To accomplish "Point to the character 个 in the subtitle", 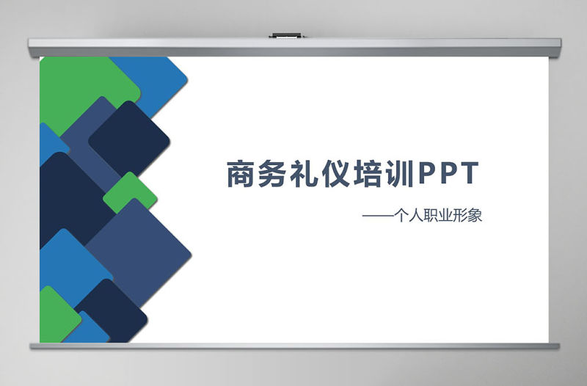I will coord(401,216).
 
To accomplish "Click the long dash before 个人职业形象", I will coord(377,217).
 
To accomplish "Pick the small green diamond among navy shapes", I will coord(130,193).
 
